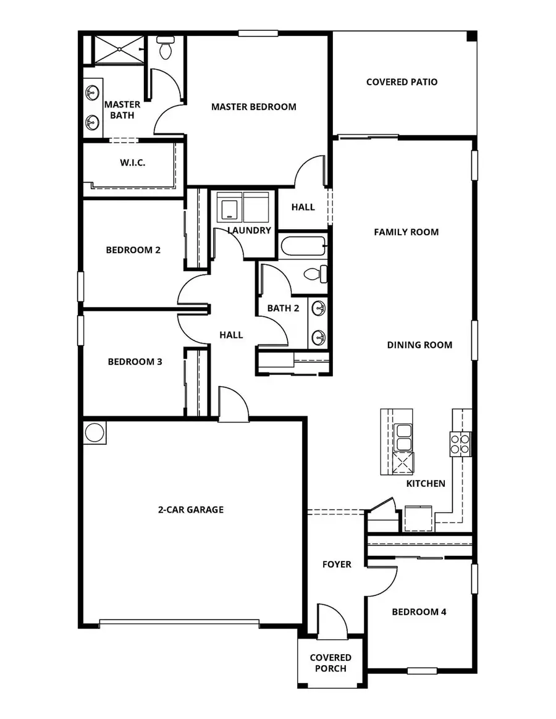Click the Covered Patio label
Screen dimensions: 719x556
click(402, 82)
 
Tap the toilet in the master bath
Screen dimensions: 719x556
click(165, 48)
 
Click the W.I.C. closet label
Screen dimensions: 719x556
click(132, 163)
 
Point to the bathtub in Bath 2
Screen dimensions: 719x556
click(303, 247)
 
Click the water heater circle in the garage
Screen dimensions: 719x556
click(94, 432)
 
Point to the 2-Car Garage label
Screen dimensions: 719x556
click(190, 510)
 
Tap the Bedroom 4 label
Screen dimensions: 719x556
click(419, 612)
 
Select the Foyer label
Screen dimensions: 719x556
click(337, 564)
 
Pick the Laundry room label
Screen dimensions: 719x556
click(249, 230)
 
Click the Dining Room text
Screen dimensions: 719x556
click(419, 345)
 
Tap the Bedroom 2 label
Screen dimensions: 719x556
click(133, 250)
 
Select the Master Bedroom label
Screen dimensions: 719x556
click(253, 106)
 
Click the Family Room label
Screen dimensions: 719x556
click(406, 232)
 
